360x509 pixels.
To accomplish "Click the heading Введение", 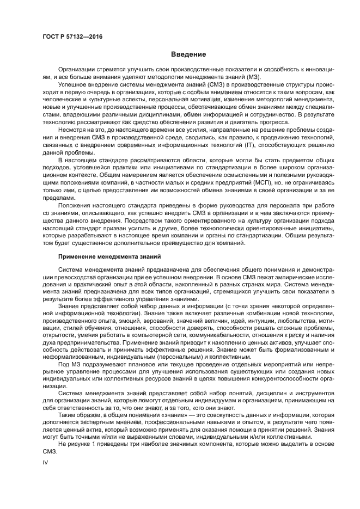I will [x=188, y=54].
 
